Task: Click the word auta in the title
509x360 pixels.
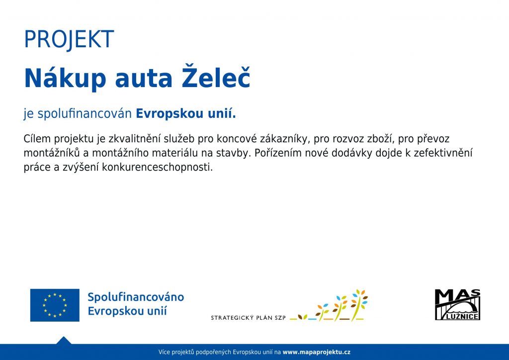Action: tap(144, 80)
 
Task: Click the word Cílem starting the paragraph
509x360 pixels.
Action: tap(37, 139)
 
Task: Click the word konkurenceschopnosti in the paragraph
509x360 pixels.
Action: tap(157, 167)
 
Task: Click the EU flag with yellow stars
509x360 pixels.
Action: tap(55, 305)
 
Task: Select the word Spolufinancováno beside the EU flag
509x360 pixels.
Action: tap(136, 297)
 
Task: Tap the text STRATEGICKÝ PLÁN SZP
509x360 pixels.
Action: tap(248, 318)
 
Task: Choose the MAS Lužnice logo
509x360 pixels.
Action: tap(457, 304)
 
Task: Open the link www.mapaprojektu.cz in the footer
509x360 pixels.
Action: tap(317, 352)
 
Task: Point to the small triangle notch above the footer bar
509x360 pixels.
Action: tap(64, 340)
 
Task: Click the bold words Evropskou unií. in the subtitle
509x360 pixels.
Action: tap(186, 113)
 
